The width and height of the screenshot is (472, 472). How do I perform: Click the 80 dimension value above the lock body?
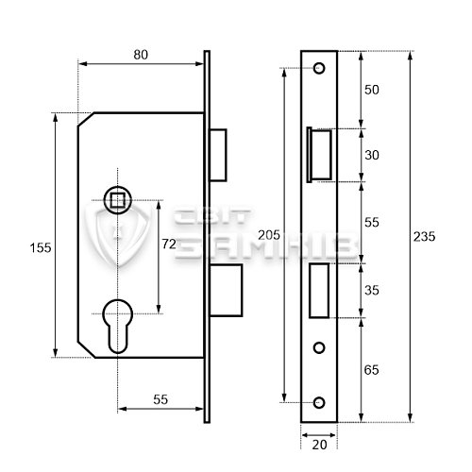click(141, 55)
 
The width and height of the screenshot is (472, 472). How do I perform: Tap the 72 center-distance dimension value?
click(170, 244)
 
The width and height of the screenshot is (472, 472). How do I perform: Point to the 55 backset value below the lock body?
click(160, 400)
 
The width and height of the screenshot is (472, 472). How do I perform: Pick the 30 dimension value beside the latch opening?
click(372, 156)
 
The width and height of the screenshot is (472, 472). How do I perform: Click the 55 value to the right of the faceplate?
click(372, 222)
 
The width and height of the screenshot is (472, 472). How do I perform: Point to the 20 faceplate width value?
click(318, 442)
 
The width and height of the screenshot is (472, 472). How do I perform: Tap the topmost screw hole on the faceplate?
click(318, 68)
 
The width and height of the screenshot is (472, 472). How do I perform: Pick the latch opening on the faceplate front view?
click(319, 154)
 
